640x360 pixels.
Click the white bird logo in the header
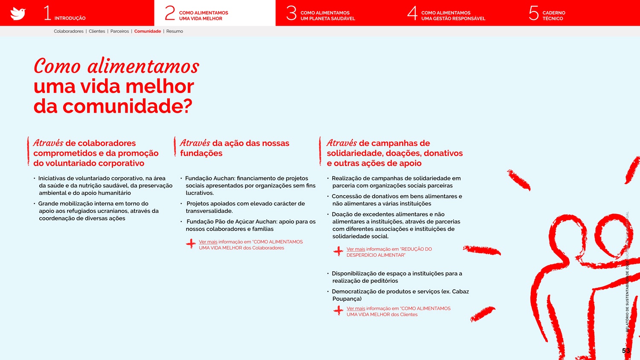pos(18,13)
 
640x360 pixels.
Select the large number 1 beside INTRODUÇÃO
pos(47,13)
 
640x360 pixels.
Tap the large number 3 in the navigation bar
pos(291,13)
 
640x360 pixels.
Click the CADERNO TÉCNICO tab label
pos(553,16)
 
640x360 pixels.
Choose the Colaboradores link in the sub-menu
pos(69,31)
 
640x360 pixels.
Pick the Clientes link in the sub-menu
pos(97,31)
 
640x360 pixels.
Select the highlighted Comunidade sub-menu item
pos(148,31)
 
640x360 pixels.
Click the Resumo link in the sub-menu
pos(175,31)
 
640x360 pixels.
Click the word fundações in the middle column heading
pos(201,153)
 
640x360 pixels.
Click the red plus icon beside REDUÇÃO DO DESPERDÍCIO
pos(338,251)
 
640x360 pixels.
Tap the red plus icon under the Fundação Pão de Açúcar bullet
pos(191,244)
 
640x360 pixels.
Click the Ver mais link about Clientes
pos(355,308)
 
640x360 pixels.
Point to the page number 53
pos(625,351)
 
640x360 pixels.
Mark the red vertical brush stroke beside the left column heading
pos(28,151)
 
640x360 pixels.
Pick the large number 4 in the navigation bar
pos(412,13)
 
